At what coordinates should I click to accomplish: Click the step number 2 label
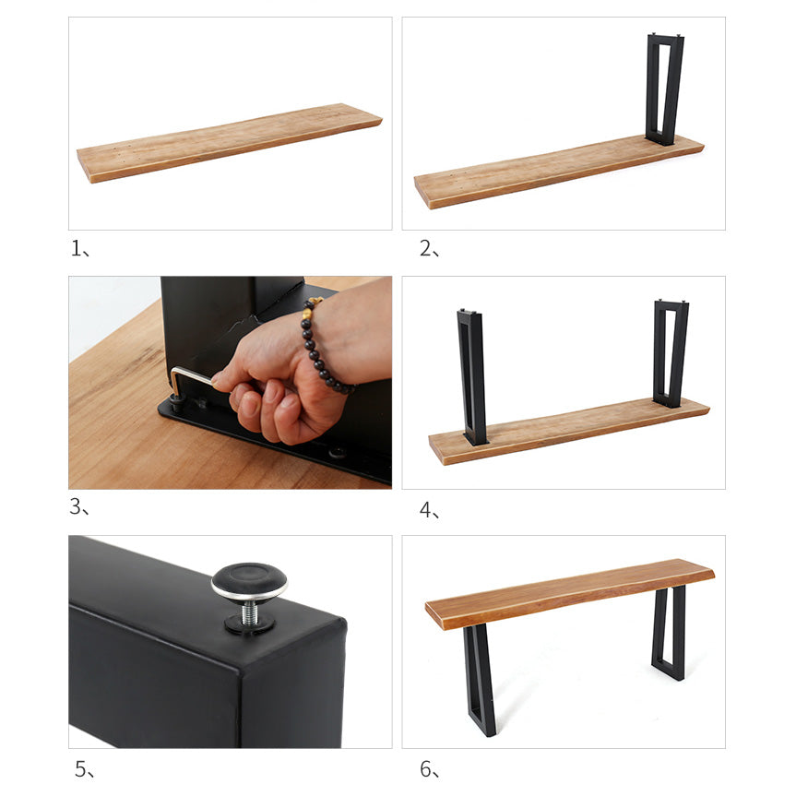(x=426, y=248)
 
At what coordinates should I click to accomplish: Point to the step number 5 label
(x=82, y=767)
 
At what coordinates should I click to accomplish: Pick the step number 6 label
(x=427, y=767)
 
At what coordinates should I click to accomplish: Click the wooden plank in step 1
(x=229, y=142)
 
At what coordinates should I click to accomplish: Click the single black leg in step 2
(x=664, y=89)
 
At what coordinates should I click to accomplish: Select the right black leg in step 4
(x=671, y=353)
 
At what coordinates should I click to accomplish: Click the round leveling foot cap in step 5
(x=249, y=581)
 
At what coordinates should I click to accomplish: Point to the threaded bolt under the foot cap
(x=249, y=611)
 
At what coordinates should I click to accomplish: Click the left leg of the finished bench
(x=480, y=677)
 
